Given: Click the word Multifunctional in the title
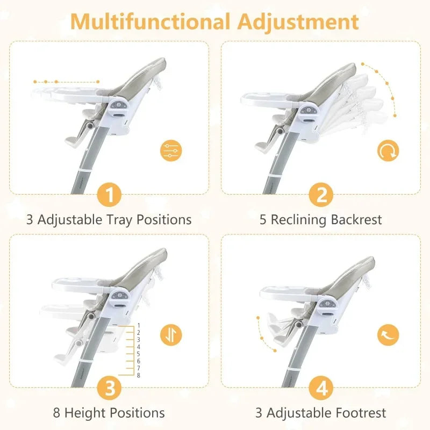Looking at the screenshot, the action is pyautogui.click(x=150, y=21).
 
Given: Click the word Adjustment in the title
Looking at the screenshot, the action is pyautogui.click(x=298, y=22).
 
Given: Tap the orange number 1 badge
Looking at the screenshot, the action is pyautogui.click(x=109, y=195).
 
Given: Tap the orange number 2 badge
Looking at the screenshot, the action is pyautogui.click(x=321, y=195).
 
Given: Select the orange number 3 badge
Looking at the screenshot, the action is pyautogui.click(x=109, y=388).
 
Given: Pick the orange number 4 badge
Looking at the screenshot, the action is pyautogui.click(x=321, y=388).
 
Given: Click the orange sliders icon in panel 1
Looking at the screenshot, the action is pyautogui.click(x=171, y=150).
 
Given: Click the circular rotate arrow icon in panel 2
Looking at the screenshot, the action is pyautogui.click(x=388, y=150).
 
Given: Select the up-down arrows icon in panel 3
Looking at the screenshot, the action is pyautogui.click(x=171, y=335).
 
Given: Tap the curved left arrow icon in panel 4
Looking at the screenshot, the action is pyautogui.click(x=388, y=335).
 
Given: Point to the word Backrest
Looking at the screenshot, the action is pyautogui.click(x=356, y=220).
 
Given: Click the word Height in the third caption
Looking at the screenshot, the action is pyautogui.click(x=87, y=413).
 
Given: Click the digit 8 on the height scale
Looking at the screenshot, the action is pyautogui.click(x=139, y=375).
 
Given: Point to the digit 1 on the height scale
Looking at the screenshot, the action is pyautogui.click(x=139, y=326).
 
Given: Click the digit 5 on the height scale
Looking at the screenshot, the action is pyautogui.click(x=139, y=354).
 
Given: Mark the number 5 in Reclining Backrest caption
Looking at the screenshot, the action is pyautogui.click(x=263, y=220).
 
